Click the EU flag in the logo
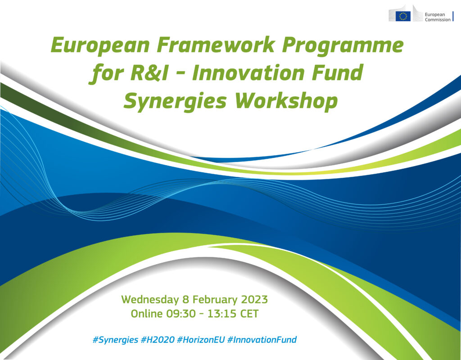click(403, 16)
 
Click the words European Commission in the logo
click(438, 17)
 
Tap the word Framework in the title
click(216, 45)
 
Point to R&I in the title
click(149, 73)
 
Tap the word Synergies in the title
click(175, 102)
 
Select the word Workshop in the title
click(286, 102)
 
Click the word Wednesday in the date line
click(150, 300)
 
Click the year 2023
click(254, 299)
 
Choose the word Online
click(147, 314)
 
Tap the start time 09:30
click(181, 314)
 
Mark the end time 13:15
click(222, 314)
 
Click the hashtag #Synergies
click(115, 340)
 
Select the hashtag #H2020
click(158, 340)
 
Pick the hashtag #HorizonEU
click(201, 340)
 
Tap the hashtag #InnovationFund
click(262, 340)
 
